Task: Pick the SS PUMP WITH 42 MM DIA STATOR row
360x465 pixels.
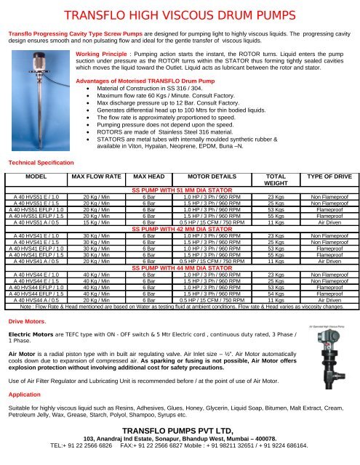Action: click(180, 227)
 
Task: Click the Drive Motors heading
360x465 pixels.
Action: click(25, 341)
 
